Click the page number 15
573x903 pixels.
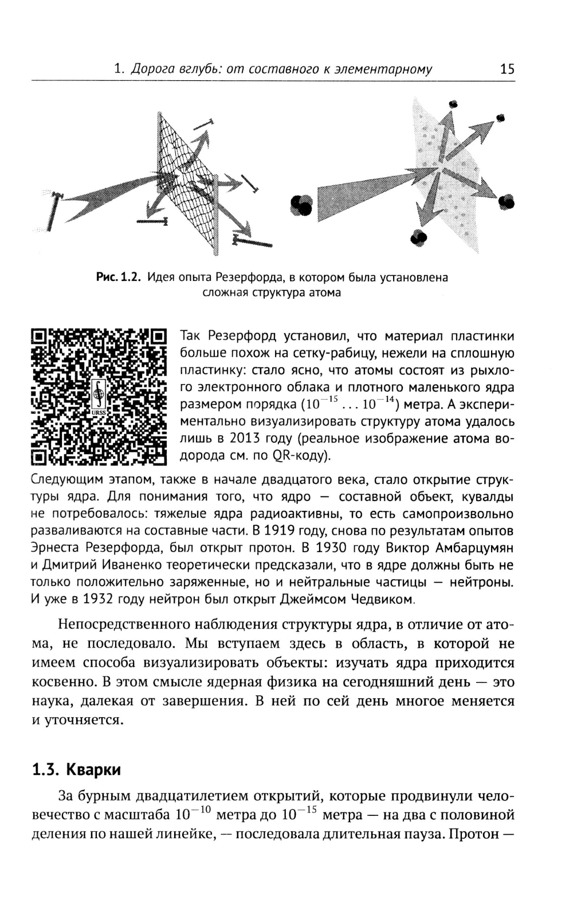tap(507, 69)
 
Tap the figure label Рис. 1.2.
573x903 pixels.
tap(118, 277)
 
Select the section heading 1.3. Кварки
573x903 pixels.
tap(76, 769)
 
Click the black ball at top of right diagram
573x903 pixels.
tap(454, 104)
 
